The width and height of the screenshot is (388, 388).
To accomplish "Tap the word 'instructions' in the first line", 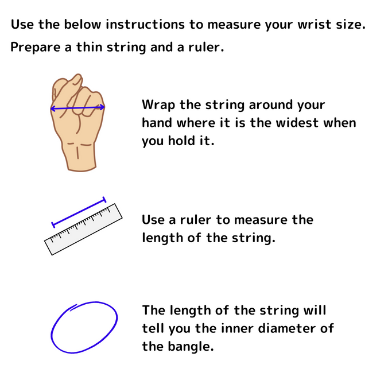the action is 145,24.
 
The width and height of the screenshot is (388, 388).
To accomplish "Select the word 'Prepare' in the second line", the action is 36,47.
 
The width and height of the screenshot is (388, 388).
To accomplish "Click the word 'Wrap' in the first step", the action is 158,105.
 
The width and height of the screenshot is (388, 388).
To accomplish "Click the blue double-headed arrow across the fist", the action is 77,108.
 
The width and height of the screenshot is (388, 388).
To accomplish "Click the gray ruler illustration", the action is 83,230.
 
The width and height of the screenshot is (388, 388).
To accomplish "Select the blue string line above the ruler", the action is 79,212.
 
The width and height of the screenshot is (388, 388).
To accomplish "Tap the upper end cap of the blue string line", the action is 104,200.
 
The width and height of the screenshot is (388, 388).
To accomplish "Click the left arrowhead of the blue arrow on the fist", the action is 53,108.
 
